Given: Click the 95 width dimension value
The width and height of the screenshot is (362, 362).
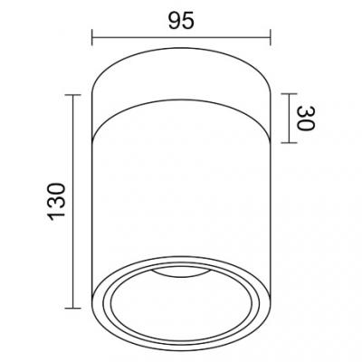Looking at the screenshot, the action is [181, 22].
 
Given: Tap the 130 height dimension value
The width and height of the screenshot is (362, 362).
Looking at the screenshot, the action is [56, 202].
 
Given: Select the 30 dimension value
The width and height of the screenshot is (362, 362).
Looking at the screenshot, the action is [305, 119].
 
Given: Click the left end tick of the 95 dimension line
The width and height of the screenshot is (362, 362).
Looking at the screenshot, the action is [92, 37].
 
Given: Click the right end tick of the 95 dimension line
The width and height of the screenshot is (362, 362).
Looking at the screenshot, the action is [271, 37].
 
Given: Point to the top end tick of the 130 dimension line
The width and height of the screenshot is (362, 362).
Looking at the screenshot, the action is [72, 95].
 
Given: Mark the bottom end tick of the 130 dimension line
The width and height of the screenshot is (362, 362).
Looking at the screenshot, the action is [72, 308].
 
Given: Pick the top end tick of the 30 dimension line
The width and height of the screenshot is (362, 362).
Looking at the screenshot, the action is [289, 94].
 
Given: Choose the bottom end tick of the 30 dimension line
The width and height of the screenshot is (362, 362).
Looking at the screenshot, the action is [289, 142].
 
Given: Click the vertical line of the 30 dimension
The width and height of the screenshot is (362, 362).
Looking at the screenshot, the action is [289, 119].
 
